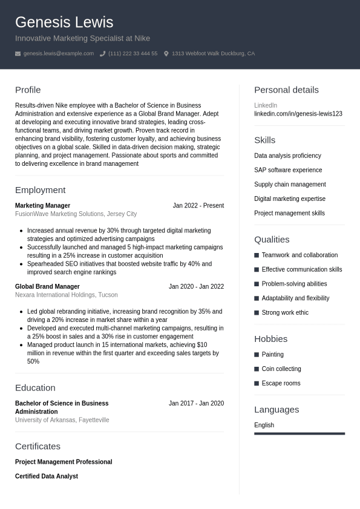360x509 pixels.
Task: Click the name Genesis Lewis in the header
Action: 64,22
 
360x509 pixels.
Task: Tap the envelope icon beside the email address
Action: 18,54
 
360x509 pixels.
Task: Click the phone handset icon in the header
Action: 102,54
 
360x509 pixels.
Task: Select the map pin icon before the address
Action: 166,54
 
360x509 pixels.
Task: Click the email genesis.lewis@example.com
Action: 59,54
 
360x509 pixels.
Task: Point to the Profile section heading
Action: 28,90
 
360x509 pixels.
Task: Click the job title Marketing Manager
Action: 42,206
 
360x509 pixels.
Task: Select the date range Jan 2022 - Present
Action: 198,206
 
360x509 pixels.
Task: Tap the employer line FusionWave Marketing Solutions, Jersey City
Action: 76,214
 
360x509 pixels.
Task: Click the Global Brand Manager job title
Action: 47,287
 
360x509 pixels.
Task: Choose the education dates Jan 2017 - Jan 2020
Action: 196,404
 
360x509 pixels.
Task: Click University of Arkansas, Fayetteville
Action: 62,420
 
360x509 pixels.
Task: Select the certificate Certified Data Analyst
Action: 47,476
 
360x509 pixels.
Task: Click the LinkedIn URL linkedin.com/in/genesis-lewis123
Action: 298,114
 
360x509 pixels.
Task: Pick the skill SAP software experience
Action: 288,170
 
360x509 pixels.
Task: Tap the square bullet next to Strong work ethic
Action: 257,313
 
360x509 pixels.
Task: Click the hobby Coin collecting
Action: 281,369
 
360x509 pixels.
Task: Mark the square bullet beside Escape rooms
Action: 257,384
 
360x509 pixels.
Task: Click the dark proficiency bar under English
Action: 299,433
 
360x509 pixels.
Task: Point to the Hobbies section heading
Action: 270,339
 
